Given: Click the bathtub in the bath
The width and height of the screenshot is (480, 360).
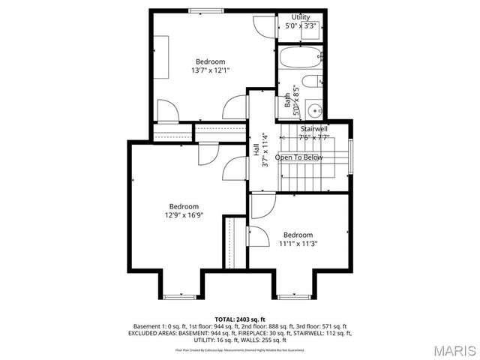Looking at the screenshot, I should [x=300, y=58].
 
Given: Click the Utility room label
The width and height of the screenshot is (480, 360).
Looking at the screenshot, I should [x=301, y=16].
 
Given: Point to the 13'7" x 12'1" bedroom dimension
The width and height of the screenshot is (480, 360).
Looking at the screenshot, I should [x=210, y=70].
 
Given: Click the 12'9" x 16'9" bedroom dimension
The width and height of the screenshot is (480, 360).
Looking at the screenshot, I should [x=184, y=215].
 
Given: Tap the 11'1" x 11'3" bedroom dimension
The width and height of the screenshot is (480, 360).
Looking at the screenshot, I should [x=298, y=243].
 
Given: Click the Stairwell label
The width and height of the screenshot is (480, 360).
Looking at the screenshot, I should [x=314, y=129].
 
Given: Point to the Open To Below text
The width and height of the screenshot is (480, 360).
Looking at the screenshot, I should [x=299, y=157].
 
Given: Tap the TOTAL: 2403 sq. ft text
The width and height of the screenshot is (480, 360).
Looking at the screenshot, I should [x=240, y=319].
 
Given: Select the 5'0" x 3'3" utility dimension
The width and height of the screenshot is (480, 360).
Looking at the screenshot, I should [x=301, y=25].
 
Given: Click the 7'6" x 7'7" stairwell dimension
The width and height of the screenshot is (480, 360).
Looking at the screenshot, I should [x=314, y=137].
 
